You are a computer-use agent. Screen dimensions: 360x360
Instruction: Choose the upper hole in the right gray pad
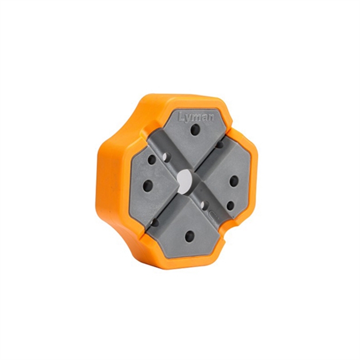tap(234, 181)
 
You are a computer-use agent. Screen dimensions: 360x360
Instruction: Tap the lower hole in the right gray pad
tap(230, 205)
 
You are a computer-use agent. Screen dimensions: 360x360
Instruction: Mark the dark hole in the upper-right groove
tap(219, 145)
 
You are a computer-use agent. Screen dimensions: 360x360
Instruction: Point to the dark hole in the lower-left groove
tap(154, 222)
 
